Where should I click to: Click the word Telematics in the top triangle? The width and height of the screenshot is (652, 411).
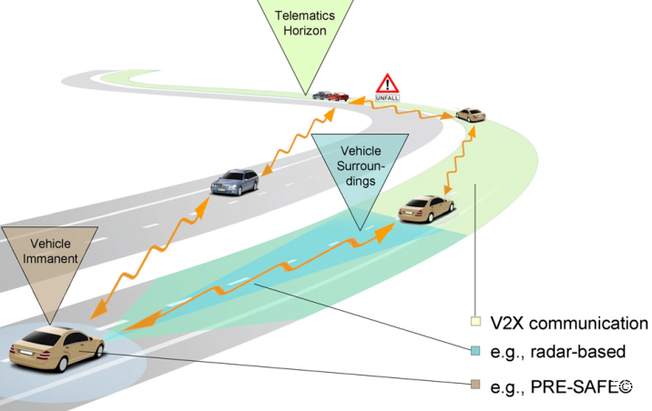(304, 15)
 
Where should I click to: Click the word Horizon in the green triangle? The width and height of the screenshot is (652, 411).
(305, 31)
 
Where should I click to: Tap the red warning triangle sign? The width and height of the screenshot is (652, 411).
(387, 84)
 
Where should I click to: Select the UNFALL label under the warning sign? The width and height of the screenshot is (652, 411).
(387, 98)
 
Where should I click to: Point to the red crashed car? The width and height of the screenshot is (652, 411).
(338, 96)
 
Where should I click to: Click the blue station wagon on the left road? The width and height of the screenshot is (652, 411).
(235, 182)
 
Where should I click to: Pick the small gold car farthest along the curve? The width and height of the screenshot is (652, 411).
(470, 115)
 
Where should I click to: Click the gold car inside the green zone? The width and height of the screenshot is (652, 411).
(426, 209)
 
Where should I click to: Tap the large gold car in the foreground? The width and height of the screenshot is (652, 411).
(56, 348)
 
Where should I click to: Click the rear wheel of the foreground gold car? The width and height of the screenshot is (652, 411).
(62, 364)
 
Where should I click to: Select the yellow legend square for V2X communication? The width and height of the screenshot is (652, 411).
(475, 321)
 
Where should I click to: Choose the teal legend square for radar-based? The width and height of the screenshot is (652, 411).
(475, 351)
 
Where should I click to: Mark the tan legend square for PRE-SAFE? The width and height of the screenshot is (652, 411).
(475, 384)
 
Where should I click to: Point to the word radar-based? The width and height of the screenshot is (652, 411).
(578, 352)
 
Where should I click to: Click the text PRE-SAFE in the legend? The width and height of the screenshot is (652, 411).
(576, 387)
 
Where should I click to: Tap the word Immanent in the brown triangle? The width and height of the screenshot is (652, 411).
(50, 258)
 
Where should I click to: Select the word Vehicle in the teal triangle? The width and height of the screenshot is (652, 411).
(361, 151)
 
